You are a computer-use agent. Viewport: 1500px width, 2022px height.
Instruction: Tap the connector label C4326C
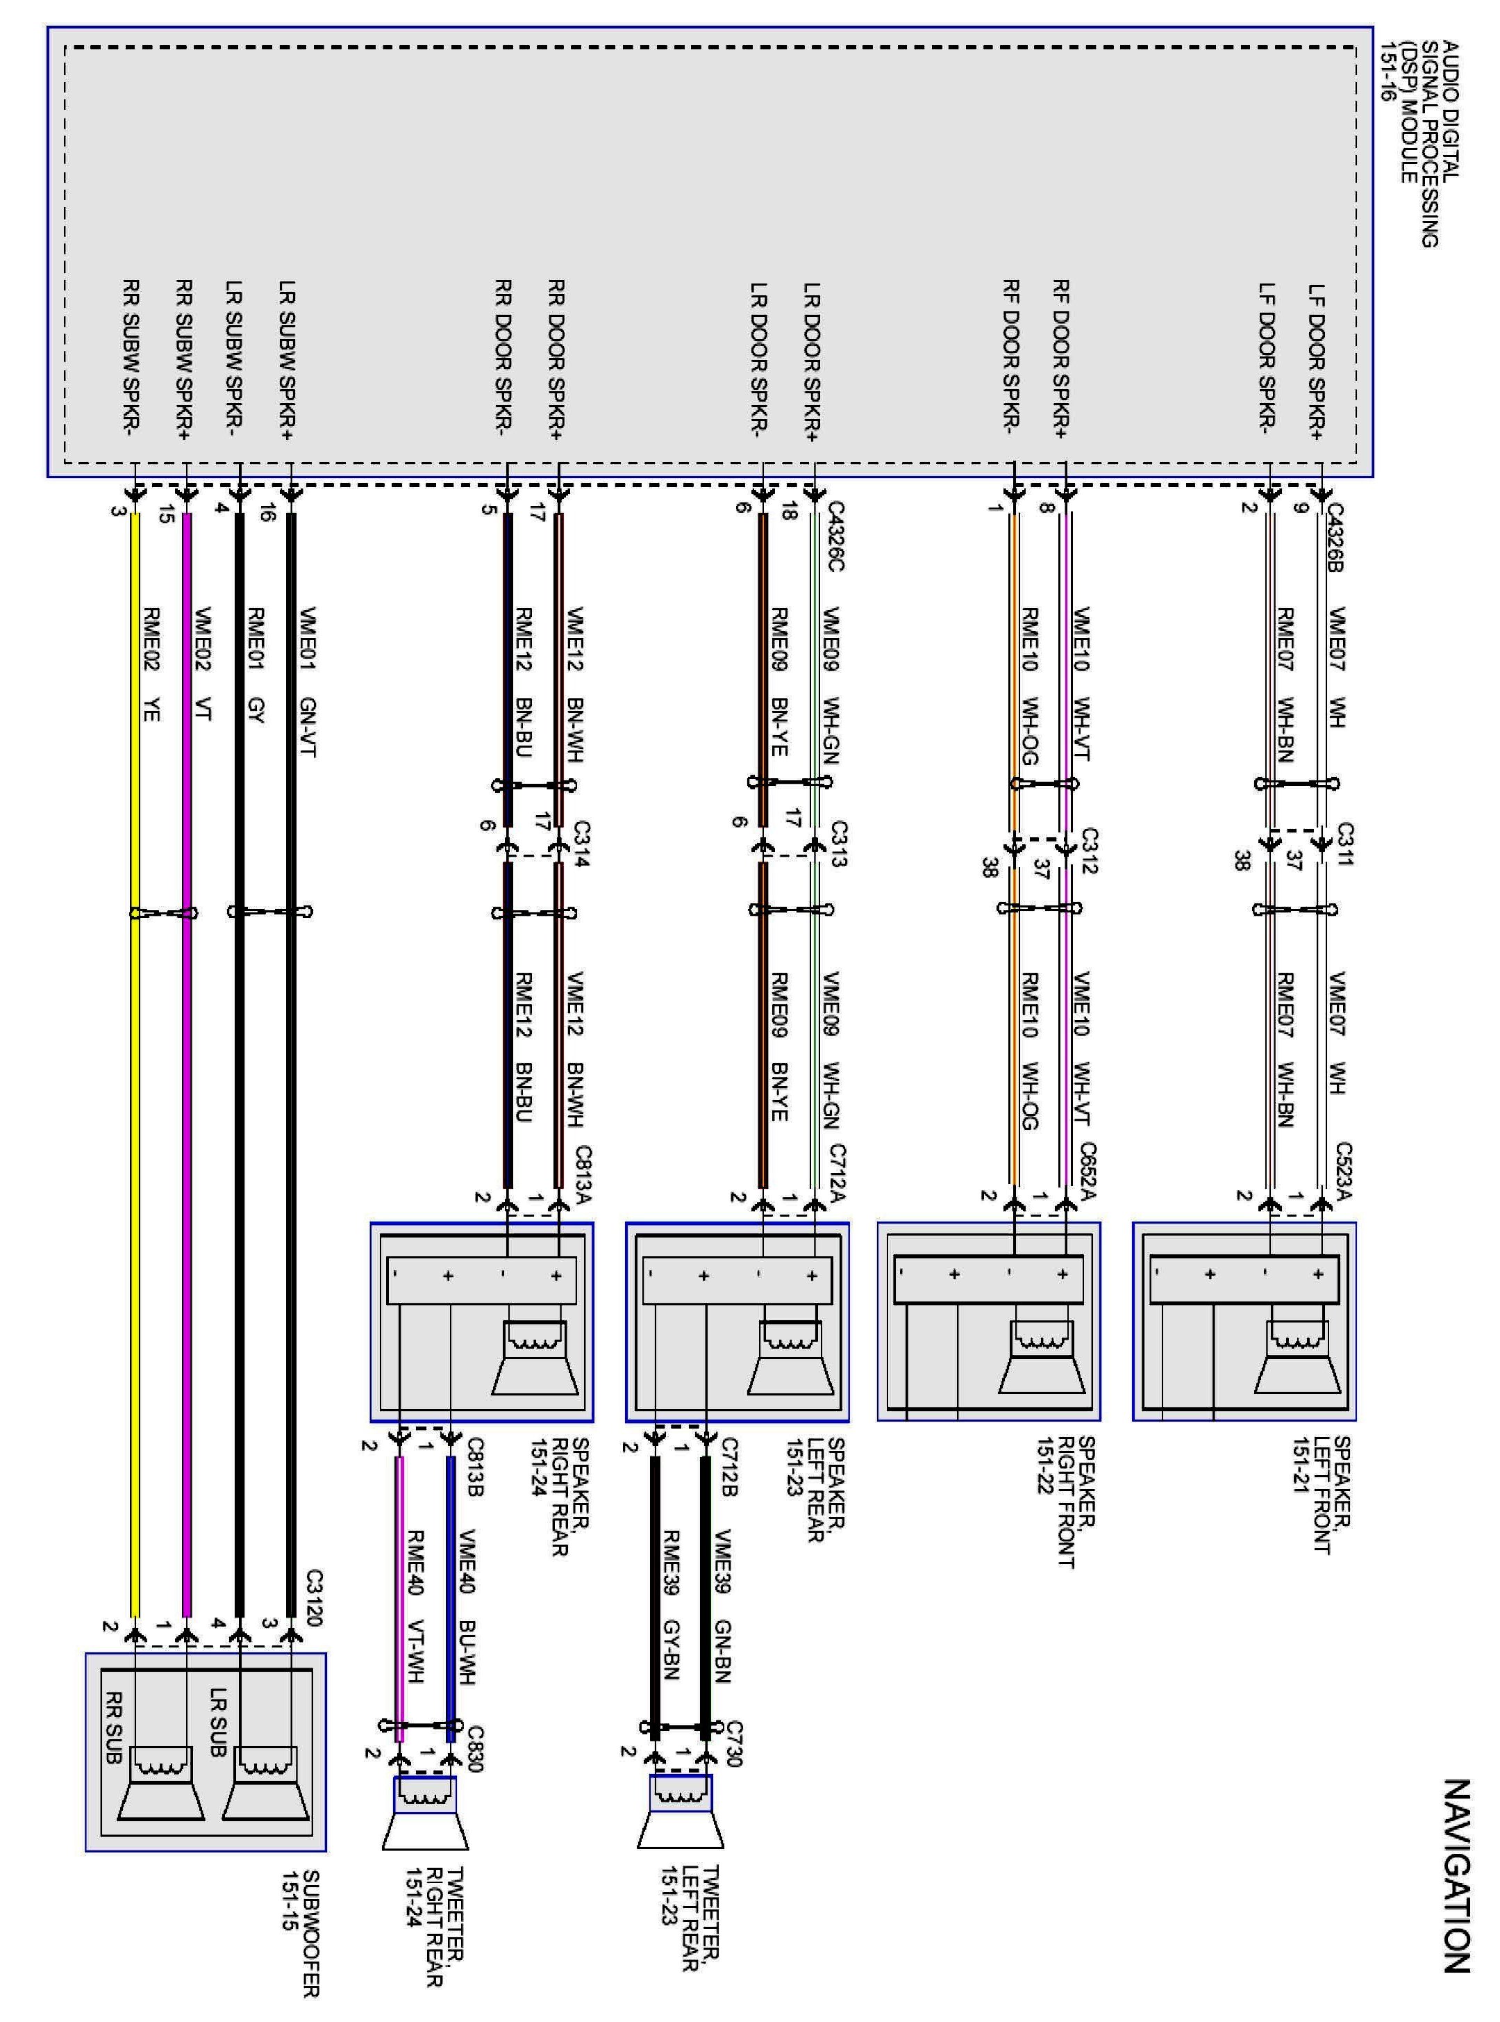point(836,537)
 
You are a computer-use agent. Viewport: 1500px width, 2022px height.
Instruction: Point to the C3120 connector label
point(314,1599)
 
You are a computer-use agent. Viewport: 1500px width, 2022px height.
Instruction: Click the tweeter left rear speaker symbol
point(681,1811)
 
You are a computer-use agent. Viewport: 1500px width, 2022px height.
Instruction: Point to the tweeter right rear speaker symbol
point(425,1813)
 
